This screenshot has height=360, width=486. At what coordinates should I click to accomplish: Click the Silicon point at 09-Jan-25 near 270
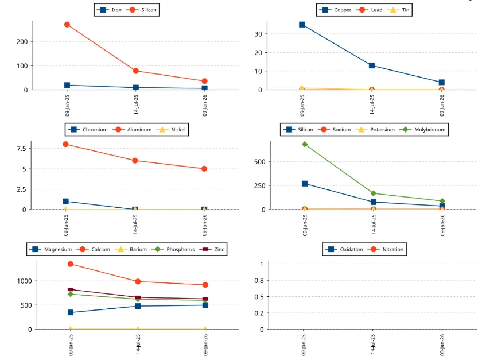point(67,25)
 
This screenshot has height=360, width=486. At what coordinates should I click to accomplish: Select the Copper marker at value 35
point(302,25)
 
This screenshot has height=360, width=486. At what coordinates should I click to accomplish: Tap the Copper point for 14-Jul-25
point(372,65)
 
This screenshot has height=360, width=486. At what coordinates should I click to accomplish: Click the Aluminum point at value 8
point(66,144)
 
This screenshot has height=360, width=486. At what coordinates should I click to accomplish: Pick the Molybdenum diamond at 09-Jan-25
point(305,144)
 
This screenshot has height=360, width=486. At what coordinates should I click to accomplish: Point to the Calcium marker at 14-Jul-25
point(138,281)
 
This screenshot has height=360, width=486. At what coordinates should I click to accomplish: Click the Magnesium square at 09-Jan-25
point(71,312)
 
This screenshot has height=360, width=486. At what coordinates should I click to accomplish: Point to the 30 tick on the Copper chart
point(258,34)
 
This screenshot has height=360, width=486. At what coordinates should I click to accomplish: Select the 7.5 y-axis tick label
point(21,149)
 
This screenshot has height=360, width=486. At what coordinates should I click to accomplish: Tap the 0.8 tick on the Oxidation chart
point(260,281)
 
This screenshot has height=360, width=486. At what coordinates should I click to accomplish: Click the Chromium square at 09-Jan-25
point(66,202)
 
